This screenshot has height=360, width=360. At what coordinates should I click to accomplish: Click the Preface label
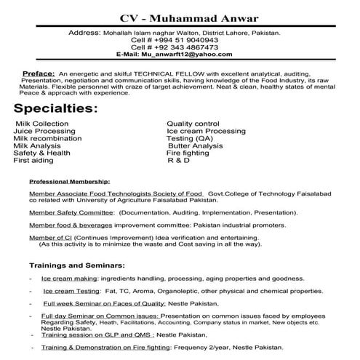(x=39, y=74)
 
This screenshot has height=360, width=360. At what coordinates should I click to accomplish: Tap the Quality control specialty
(x=193, y=124)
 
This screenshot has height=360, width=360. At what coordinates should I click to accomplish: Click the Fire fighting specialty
(x=188, y=153)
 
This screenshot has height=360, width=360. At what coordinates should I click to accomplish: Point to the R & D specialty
(x=179, y=160)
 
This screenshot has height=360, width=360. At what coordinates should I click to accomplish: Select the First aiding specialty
(x=34, y=160)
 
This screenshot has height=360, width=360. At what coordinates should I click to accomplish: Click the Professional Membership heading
(x=69, y=181)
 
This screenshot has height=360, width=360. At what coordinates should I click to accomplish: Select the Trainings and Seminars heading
(x=77, y=267)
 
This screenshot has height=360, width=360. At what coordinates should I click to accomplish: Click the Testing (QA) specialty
(x=190, y=138)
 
